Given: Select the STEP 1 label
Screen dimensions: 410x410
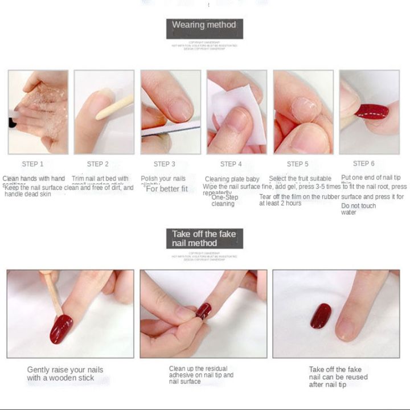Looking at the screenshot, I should pos(33,164).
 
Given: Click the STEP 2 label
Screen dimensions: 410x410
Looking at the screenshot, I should pos(98,164).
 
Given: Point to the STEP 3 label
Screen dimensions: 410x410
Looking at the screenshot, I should pos(165,164).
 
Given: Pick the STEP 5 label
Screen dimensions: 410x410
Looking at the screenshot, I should pos(297,164).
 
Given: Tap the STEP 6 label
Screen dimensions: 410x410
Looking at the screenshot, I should pos(364,163).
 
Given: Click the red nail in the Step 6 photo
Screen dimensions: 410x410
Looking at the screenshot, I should pos(371,111).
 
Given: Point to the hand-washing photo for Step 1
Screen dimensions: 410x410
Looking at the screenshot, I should pos(38,112).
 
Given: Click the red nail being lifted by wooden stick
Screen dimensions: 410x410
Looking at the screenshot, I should pos(61,329).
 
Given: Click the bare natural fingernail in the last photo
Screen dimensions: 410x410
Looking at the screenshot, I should pos(345,325).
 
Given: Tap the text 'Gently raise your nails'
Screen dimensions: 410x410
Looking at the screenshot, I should pos(65,370).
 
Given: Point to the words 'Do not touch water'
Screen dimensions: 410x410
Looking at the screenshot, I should pos(358,209).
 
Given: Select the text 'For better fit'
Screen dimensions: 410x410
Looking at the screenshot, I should pos(167,188).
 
